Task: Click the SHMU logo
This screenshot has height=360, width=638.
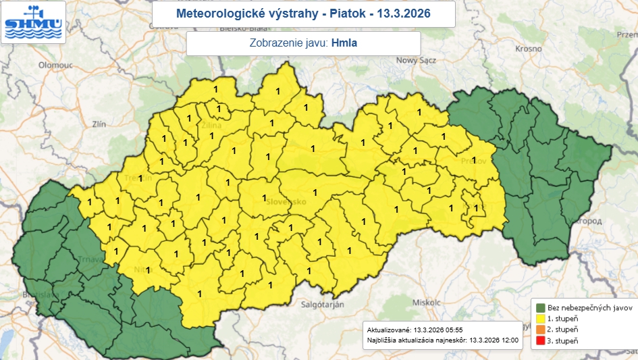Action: tap(34, 22)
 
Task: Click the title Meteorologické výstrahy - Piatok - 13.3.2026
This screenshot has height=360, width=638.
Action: tap(303, 14)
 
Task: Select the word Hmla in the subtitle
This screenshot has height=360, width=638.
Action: tap(344, 43)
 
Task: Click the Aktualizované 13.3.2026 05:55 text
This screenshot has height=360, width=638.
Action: tap(406, 329)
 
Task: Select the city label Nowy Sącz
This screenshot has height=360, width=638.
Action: tap(417, 60)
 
